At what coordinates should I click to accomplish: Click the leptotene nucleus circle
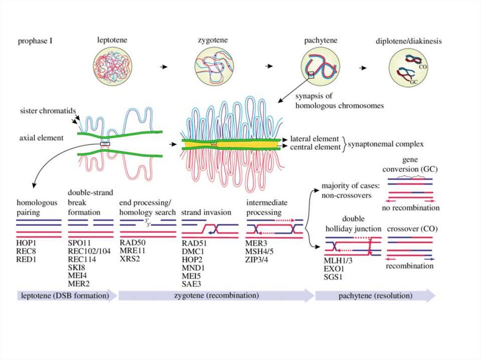tap(113, 68)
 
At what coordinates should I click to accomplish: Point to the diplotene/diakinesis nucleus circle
tap(409, 68)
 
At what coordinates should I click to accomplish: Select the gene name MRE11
tap(132, 251)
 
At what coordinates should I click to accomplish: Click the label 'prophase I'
tap(35, 41)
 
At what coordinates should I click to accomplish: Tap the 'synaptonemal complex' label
tap(386, 144)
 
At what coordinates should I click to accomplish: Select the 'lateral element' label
tap(314, 139)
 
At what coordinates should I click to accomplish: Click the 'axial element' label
tap(41, 138)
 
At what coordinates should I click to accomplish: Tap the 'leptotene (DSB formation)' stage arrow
tap(66, 296)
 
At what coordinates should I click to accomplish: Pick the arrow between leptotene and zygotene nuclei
tap(163, 68)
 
